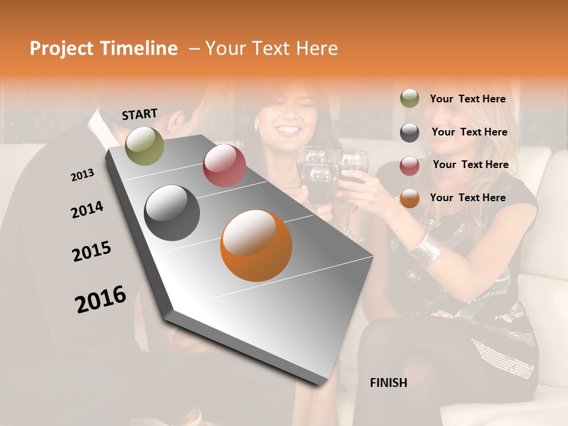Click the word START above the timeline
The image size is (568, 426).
tap(140, 114)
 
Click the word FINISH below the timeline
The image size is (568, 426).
tap(388, 383)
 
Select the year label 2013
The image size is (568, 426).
tap(82, 175)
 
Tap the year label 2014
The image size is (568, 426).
tap(87, 210)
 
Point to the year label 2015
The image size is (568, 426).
tap(92, 251)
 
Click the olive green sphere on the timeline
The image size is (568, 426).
tap(144, 146)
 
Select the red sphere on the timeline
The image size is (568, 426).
tap(224, 165)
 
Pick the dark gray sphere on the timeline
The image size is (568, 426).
tap(172, 213)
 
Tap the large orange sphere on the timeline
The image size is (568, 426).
tap(256, 246)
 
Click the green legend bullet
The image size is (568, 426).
tap(409, 99)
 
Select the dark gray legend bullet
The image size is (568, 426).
tap(409, 133)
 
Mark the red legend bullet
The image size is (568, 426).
tap(409, 166)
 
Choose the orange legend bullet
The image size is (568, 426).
tap(409, 199)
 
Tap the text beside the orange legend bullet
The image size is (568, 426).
tap(467, 198)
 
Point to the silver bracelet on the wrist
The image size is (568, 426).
tap(425, 250)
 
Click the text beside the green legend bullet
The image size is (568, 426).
tap(467, 99)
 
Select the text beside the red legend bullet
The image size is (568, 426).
tap(470, 164)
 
